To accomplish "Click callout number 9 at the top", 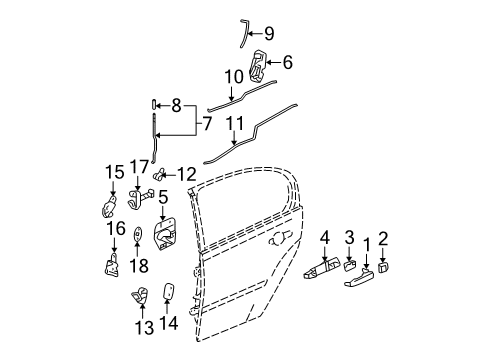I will pyautogui.click(x=269, y=32).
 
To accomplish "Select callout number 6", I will pyautogui.click(x=288, y=62).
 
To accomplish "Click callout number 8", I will pyautogui.click(x=176, y=104).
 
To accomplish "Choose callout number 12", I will pyautogui.click(x=187, y=174).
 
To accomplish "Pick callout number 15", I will pyautogui.click(x=114, y=172).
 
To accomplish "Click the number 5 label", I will pyautogui.click(x=162, y=198).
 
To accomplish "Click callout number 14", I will pyautogui.click(x=167, y=324).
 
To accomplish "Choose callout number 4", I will pyautogui.click(x=325, y=238).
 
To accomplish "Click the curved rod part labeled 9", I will pyautogui.click(x=244, y=33).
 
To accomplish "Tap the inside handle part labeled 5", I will pyautogui.click(x=164, y=238).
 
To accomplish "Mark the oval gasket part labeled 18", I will pyautogui.click(x=137, y=235).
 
